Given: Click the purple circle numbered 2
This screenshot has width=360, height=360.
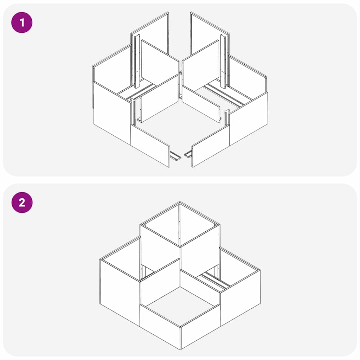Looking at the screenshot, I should (x=22, y=202).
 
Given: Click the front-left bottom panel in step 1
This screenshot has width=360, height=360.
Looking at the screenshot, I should (x=150, y=144).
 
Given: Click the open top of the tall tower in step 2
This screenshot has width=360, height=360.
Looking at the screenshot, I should (x=180, y=225).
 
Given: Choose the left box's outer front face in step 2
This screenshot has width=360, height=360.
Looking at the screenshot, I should (x=120, y=288).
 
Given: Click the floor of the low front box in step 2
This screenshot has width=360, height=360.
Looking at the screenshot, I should (x=180, y=304).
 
